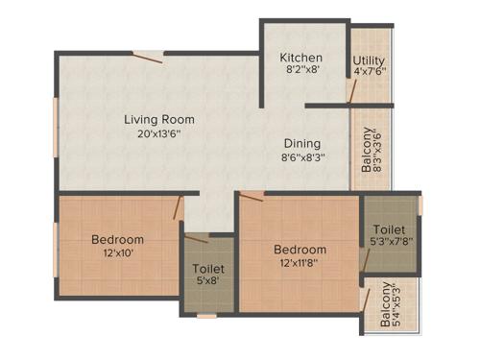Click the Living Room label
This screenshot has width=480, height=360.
(159, 120)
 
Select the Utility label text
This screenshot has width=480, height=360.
(369, 60)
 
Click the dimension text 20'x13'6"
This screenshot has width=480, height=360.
(159, 134)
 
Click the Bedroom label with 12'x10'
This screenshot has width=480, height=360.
(118, 239)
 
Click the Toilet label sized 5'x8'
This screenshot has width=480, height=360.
(208, 269)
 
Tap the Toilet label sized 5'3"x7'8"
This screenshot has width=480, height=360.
(389, 230)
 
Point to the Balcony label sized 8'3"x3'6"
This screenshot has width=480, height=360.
(369, 152)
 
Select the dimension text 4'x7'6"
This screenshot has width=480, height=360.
(369, 73)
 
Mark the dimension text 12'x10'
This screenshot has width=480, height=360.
(118, 253)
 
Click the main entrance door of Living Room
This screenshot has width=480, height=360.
(147, 57)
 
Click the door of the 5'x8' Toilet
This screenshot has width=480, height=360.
(197, 238)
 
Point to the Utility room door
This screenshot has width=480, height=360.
(351, 90)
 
